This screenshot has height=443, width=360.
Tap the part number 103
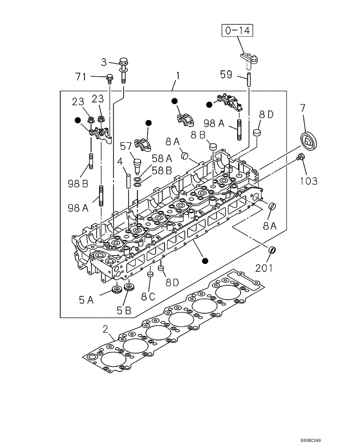309,180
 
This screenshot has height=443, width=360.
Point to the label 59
226,75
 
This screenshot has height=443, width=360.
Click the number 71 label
81,77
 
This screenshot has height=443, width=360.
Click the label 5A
87,300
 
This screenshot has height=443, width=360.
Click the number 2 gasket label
106,329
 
